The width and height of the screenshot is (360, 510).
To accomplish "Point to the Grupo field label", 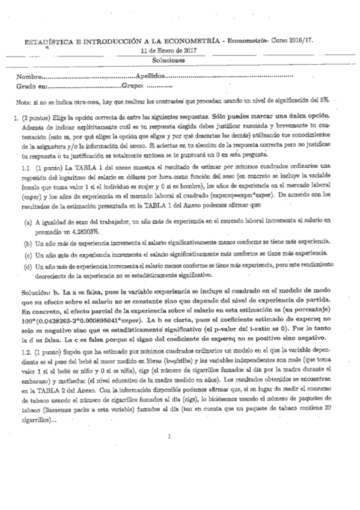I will tap(132, 88).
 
